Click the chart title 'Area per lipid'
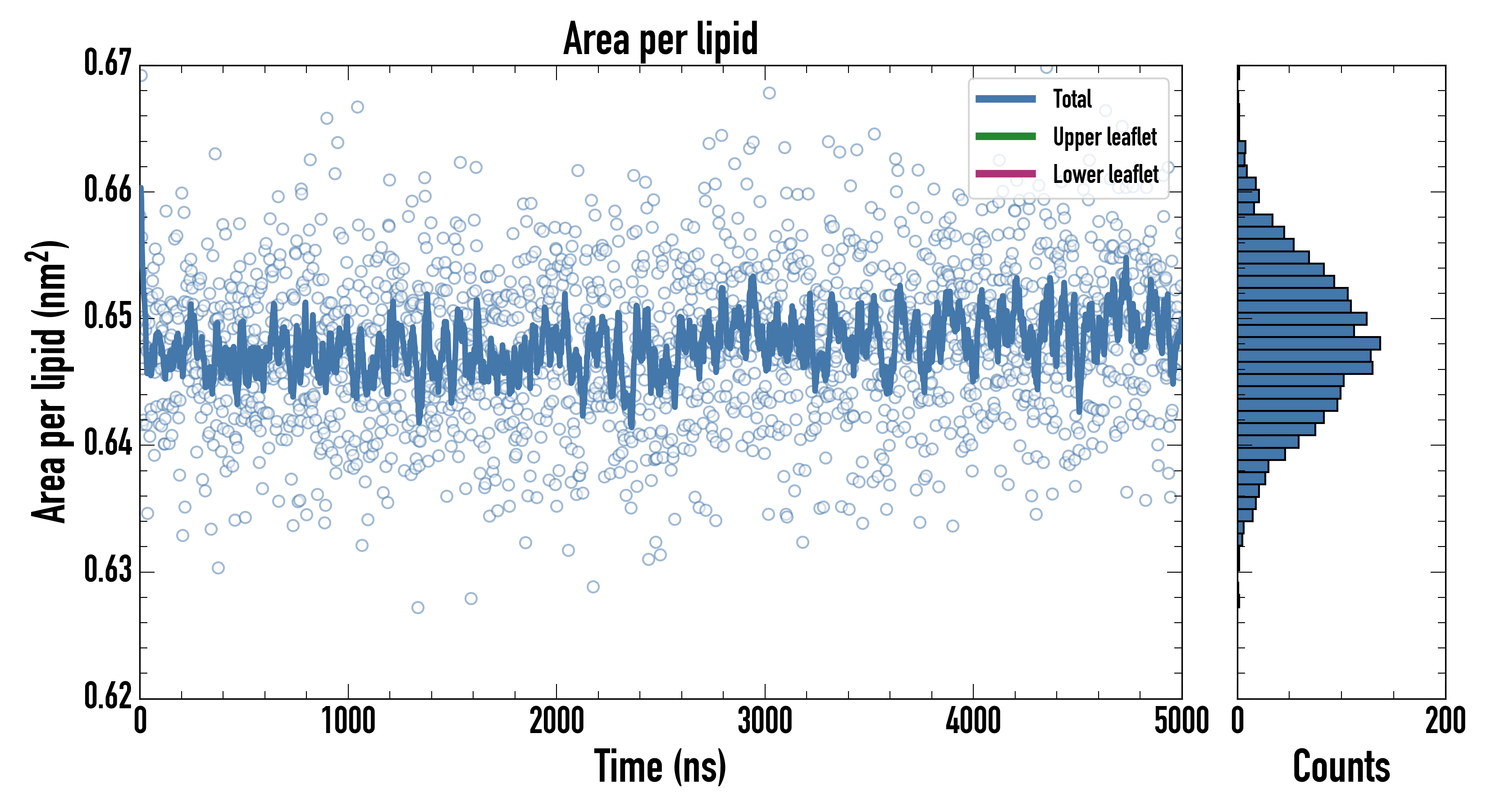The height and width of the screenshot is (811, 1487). coord(661,39)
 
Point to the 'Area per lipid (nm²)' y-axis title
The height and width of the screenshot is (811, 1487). coord(49,382)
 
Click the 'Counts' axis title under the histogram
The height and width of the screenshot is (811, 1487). coord(1341,766)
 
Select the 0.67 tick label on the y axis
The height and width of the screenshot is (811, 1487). coord(108,63)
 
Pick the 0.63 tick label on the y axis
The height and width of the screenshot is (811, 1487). coord(108,570)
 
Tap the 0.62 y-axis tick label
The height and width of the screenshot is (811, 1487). coord(108,696)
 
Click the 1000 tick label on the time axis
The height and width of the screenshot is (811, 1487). coord(348,721)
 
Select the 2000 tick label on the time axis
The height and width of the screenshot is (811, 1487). coord(556,721)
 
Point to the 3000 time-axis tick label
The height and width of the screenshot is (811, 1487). coord(765,721)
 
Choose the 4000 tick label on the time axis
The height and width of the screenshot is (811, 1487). coord(973,721)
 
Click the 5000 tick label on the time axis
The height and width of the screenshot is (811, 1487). coord(1181,721)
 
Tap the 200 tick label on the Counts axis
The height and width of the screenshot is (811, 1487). coord(1445,721)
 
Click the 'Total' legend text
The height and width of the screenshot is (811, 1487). coord(1072,99)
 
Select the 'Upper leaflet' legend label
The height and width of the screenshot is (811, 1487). coord(1104,137)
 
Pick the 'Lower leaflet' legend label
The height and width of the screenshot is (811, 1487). coord(1105,174)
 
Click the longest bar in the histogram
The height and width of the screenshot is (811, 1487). coord(1309,343)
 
